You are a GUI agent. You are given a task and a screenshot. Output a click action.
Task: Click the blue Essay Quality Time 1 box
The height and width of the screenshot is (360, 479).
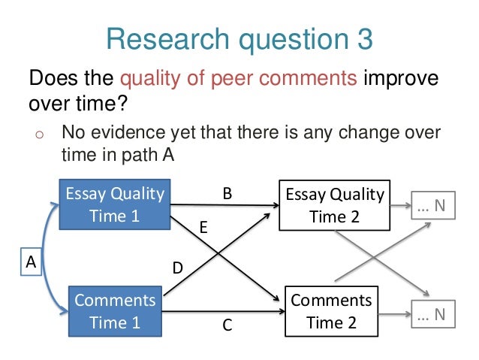click(x=115, y=204)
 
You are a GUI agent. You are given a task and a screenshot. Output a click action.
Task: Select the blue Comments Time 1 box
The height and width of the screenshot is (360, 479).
click(x=115, y=311)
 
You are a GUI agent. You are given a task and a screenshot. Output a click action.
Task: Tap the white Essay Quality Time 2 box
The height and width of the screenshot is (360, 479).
click(x=334, y=205)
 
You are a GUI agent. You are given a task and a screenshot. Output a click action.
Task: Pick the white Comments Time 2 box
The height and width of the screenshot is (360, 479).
click(x=330, y=311)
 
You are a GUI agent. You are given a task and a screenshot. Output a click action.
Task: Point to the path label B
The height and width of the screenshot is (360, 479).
click(x=227, y=193)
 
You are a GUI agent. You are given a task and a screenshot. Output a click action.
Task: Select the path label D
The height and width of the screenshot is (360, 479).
click(x=178, y=267)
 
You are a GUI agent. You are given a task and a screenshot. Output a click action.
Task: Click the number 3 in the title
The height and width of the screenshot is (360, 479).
click(x=363, y=38)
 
